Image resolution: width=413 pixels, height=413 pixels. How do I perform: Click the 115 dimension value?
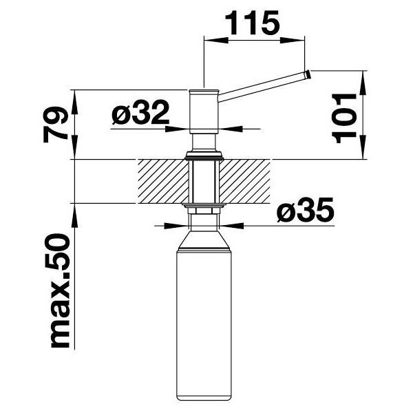(252, 23)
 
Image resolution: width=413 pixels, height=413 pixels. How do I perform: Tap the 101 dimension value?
(344, 118)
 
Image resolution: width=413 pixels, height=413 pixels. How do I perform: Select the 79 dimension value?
(56, 125)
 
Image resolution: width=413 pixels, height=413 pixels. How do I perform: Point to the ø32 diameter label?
(140, 112)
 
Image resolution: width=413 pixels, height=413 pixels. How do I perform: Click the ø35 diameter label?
(306, 209)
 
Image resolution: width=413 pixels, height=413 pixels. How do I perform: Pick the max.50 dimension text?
(61, 291)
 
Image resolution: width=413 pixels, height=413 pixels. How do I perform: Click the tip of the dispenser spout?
(308, 75)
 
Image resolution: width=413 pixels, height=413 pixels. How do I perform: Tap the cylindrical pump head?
(204, 112)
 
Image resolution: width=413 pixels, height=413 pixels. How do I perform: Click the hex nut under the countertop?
(204, 211)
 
